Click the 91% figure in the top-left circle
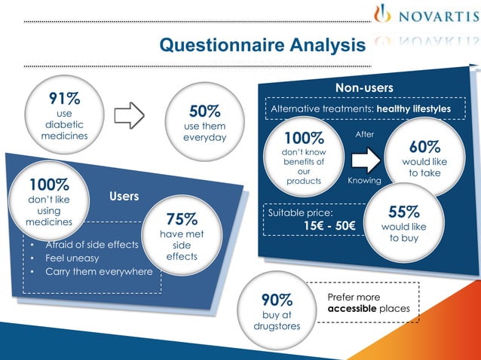point(66,98)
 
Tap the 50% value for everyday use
point(204,111)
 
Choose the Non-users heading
point(364,88)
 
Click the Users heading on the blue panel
point(124,197)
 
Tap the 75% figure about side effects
point(182,220)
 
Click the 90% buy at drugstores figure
point(277,300)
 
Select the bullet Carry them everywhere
point(99,272)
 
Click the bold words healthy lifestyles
point(414,109)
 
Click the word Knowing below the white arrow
point(364,182)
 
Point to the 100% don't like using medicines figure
point(50,185)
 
